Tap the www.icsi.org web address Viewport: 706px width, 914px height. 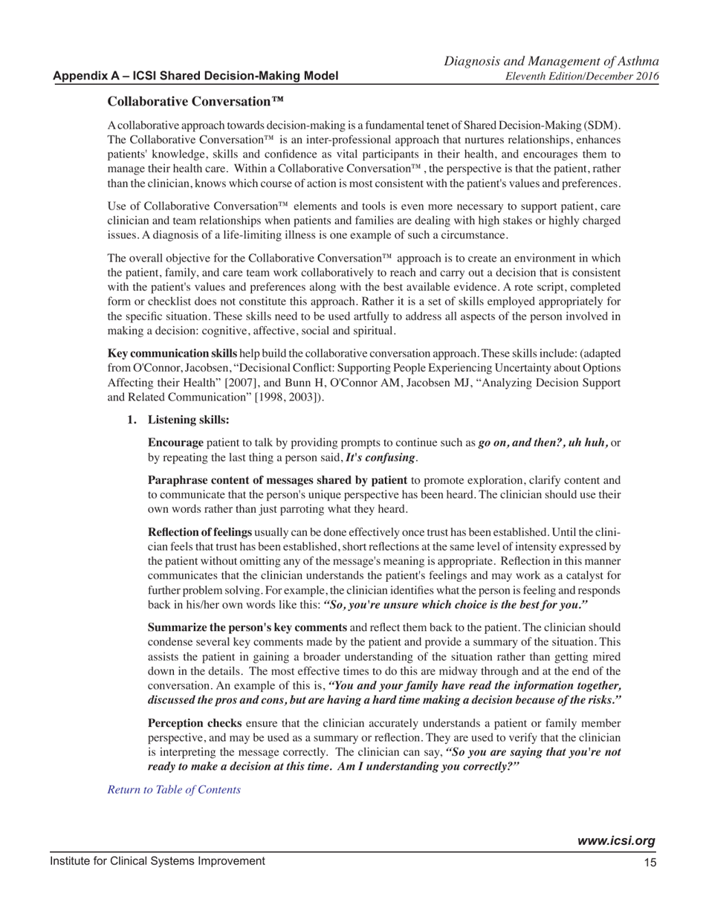point(616,841)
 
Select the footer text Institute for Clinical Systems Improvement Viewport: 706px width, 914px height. point(157,860)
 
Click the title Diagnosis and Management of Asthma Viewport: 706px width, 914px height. point(553,62)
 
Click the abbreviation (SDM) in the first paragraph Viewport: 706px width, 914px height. point(606,122)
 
